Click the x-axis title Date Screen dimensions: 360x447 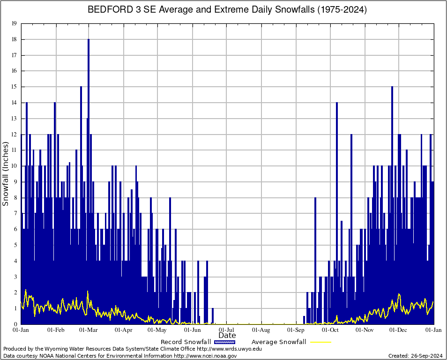(x=227, y=335)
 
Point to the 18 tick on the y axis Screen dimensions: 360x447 (x=14, y=39)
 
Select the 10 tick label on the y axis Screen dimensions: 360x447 (x=14, y=166)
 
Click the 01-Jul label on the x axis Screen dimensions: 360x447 (x=227, y=330)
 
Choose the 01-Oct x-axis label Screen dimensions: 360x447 (x=330, y=330)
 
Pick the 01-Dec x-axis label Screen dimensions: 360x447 (x=399, y=330)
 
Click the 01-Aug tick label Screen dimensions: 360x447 (x=261, y=330)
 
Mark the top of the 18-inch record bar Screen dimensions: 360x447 (x=89, y=40)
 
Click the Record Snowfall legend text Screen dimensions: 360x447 (x=182, y=342)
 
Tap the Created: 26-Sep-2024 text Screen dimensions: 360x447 (x=416, y=356)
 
